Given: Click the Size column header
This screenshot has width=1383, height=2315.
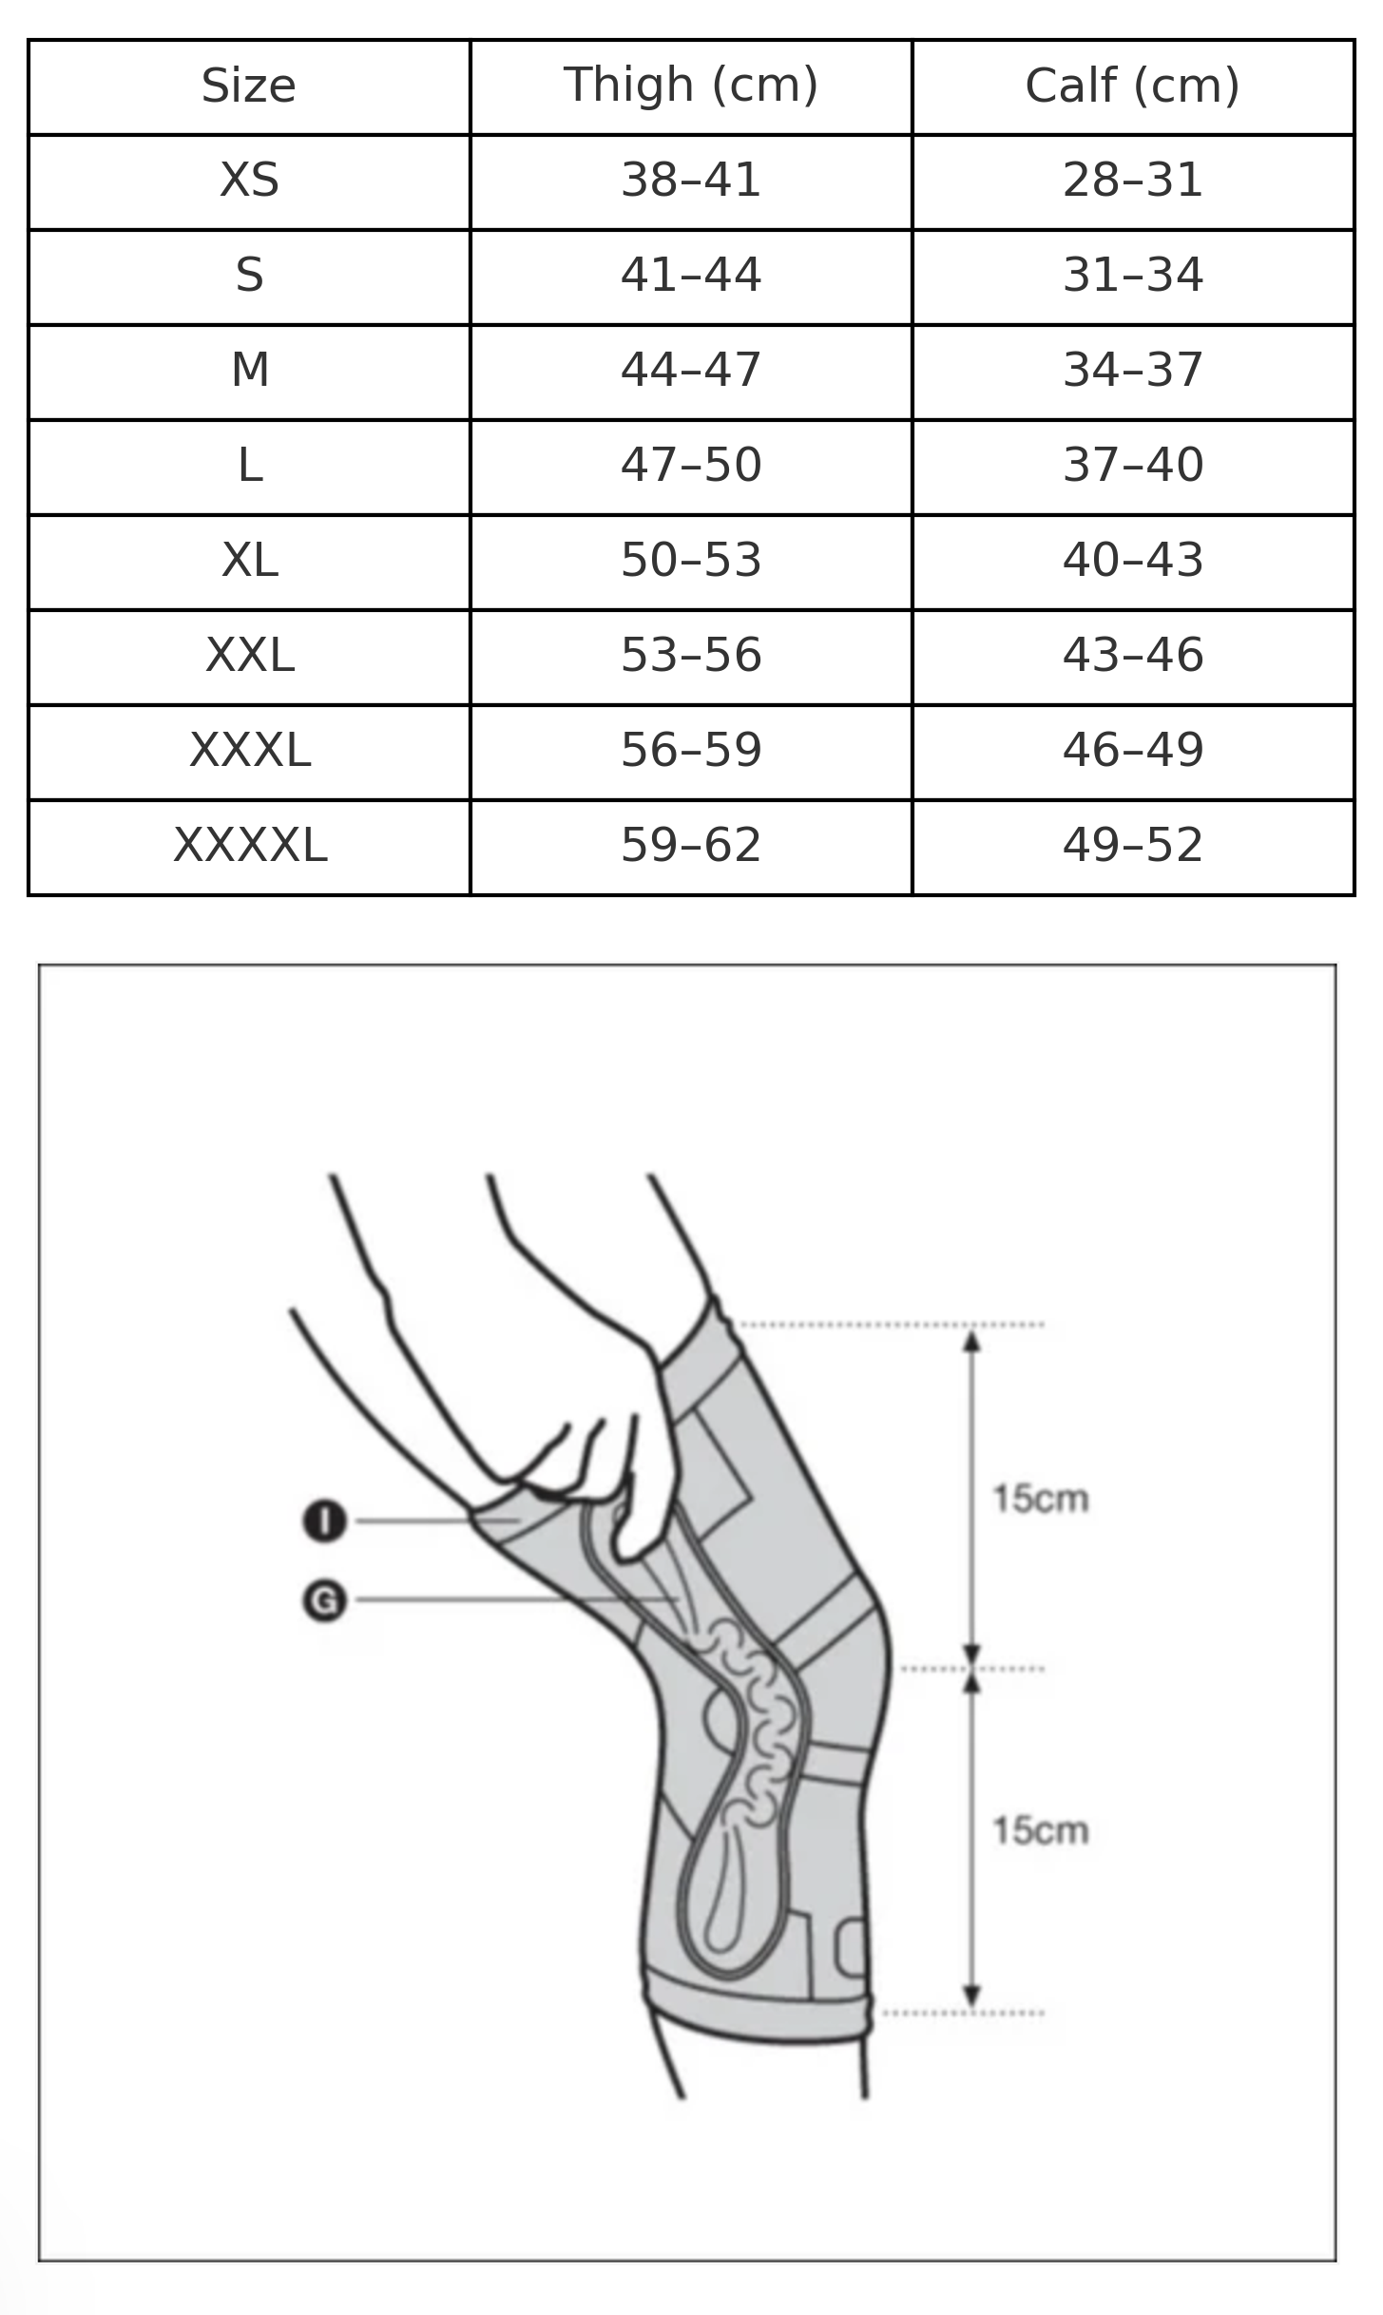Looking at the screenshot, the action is [x=249, y=86].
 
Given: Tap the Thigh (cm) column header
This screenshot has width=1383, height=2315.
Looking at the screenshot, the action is [x=691, y=86].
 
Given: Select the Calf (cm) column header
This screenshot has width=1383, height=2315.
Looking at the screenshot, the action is [x=1133, y=86].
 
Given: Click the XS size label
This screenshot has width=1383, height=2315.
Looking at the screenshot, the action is [x=249, y=181].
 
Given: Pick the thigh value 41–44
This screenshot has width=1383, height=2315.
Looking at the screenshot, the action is [x=691, y=276].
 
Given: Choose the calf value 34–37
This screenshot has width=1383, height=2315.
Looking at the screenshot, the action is [x=1133, y=371].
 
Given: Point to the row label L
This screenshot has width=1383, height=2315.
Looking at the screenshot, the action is [x=249, y=466].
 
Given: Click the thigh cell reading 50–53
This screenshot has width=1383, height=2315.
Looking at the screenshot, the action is [x=691, y=561].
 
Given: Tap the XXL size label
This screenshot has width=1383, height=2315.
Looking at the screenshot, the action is [x=249, y=656].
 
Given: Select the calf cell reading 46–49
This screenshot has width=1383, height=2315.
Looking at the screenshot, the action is [x=1133, y=751].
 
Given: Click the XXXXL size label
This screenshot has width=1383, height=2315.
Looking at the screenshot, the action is [x=249, y=846].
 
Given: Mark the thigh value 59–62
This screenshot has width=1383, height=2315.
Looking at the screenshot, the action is [x=691, y=846].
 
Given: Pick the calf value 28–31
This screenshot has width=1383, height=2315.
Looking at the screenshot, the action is [x=1133, y=181].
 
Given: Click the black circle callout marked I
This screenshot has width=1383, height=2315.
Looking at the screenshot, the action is [x=325, y=1521].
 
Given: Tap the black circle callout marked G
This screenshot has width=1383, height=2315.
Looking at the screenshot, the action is [x=325, y=1600].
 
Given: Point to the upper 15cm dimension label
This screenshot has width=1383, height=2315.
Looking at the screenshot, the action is [x=1040, y=1499].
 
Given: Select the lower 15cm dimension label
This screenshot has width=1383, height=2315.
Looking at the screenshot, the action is [x=1040, y=1831].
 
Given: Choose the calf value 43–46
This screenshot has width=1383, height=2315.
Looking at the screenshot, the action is [x=1133, y=656].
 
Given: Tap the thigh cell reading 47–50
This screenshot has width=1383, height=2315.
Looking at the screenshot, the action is [x=691, y=466].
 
